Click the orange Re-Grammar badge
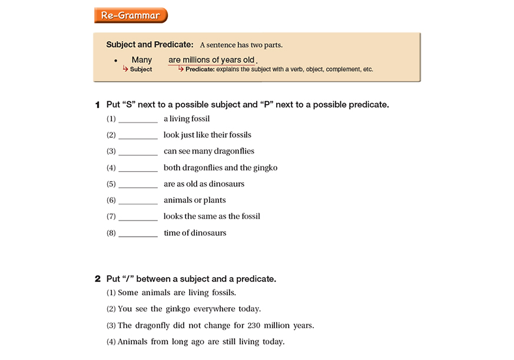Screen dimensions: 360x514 [130, 15]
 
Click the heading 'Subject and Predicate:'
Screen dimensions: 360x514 [150, 45]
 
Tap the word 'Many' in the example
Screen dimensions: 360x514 [141, 60]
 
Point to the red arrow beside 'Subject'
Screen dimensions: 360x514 [125, 69]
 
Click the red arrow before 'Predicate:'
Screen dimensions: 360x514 [181, 69]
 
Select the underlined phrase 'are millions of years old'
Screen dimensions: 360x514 [211, 60]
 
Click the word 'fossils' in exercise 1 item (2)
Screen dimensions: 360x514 [238, 135]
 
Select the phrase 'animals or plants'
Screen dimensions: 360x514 [195, 201]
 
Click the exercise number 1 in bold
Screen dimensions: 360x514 [98, 105]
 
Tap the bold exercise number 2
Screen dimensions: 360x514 [98, 279]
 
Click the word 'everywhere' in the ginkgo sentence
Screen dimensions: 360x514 [215, 309]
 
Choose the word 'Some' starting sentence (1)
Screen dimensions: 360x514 [129, 292]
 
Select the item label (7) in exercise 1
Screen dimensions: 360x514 [111, 217]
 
